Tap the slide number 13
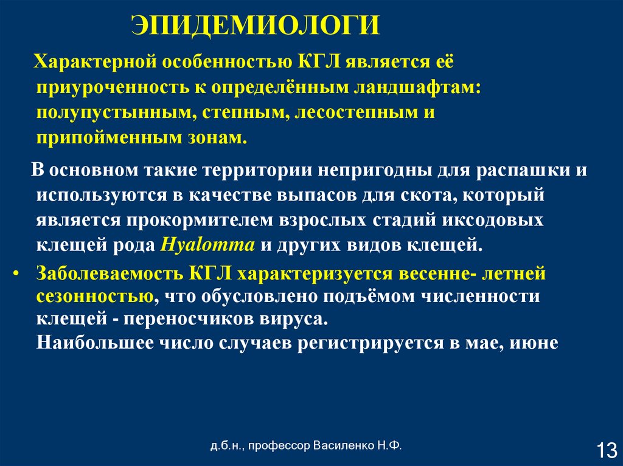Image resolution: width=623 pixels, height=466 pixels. coord(606,451)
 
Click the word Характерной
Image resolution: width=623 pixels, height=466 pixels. coord(97,61)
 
